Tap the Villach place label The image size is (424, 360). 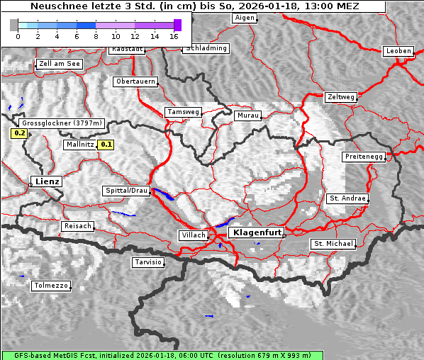193,235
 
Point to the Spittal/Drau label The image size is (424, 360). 126,191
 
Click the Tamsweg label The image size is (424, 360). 183,112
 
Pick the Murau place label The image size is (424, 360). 248,115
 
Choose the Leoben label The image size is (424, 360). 398,51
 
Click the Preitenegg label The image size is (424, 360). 363,156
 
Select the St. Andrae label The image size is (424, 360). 347,198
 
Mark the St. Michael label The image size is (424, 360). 333,244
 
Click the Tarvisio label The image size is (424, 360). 148,262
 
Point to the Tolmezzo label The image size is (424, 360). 51,286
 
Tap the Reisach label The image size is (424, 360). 78,226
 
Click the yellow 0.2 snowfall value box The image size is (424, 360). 19,133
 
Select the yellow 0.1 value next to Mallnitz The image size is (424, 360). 106,145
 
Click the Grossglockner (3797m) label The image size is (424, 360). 62,123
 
